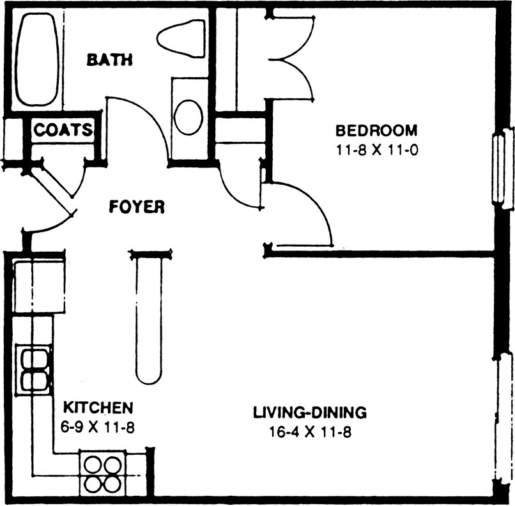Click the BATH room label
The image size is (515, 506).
coord(109,60)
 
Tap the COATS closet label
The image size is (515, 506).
coord(62,130)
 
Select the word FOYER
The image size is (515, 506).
coord(137,207)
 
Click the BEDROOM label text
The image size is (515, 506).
coord(376,131)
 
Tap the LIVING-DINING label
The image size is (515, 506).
coord(310,412)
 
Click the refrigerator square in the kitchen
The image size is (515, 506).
coord(38,286)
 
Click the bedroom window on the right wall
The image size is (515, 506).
coord(503,167)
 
